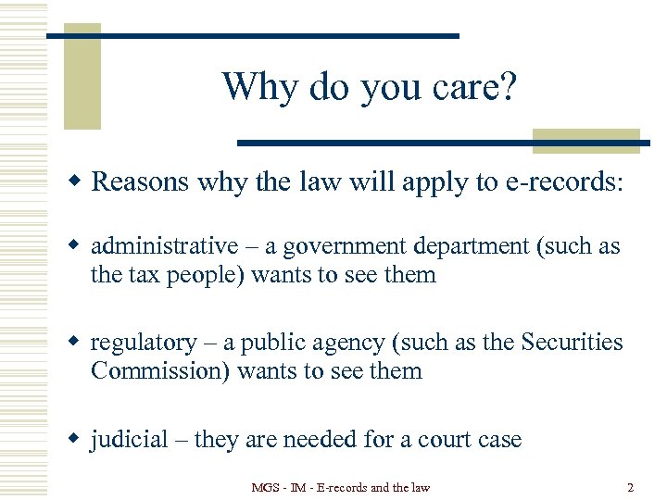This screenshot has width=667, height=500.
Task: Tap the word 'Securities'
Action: coord(572,343)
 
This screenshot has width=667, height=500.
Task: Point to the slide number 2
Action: coord(630,487)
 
